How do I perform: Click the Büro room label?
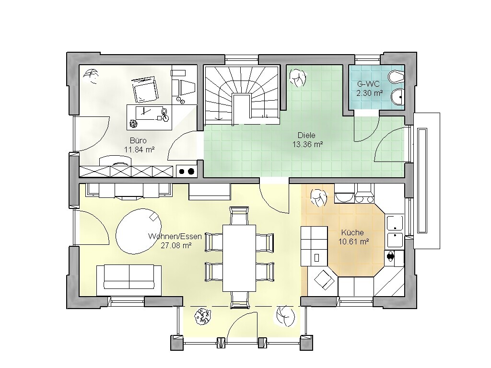(138, 140)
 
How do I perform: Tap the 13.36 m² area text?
(307, 144)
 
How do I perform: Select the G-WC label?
(369, 84)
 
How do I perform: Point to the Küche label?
(352, 232)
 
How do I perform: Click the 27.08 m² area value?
(176, 245)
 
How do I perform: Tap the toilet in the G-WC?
(396, 76)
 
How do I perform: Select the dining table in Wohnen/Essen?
(239, 258)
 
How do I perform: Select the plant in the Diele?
(297, 78)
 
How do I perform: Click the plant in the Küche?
(319, 198)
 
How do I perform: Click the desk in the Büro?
(150, 117)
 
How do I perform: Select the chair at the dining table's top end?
(239, 215)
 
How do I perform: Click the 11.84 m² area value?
(140, 149)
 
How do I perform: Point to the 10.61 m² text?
(353, 241)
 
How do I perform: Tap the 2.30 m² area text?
(370, 93)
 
